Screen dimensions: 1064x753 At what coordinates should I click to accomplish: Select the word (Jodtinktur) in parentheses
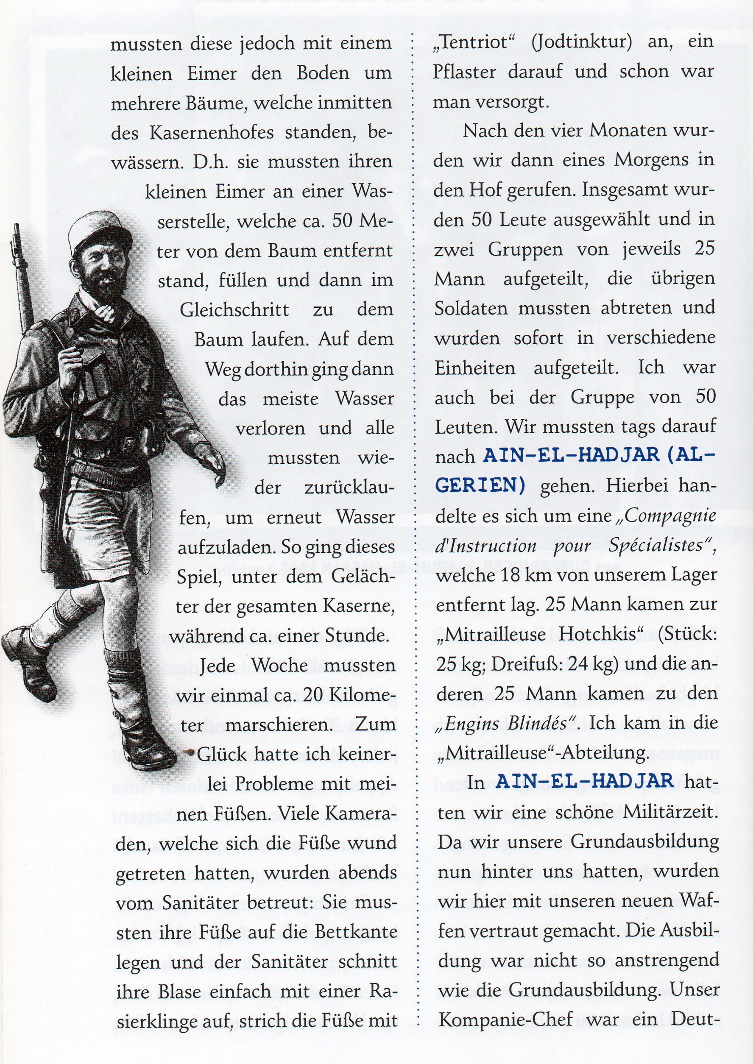point(581,42)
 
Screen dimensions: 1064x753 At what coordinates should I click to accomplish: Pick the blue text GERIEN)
point(480,485)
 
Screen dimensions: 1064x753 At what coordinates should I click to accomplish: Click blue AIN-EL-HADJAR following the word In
point(584,781)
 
